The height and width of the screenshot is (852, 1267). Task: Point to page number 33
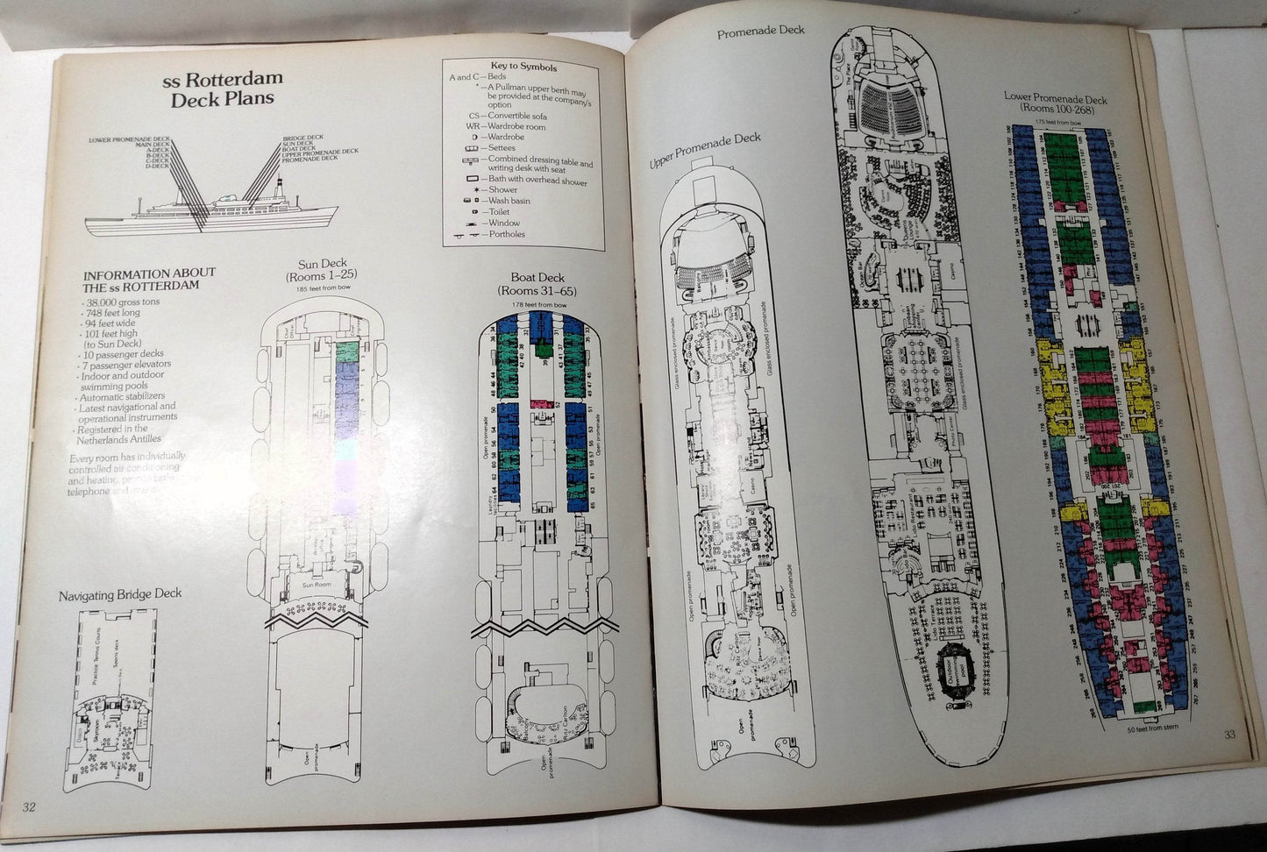click(1230, 735)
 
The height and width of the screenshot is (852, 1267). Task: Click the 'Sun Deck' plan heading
click(323, 270)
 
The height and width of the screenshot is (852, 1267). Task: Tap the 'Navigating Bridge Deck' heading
click(120, 594)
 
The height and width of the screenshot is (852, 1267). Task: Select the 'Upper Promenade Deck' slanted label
click(705, 151)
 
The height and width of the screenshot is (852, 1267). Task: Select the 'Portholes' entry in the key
click(507, 234)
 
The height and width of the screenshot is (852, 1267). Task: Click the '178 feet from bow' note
click(531, 304)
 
